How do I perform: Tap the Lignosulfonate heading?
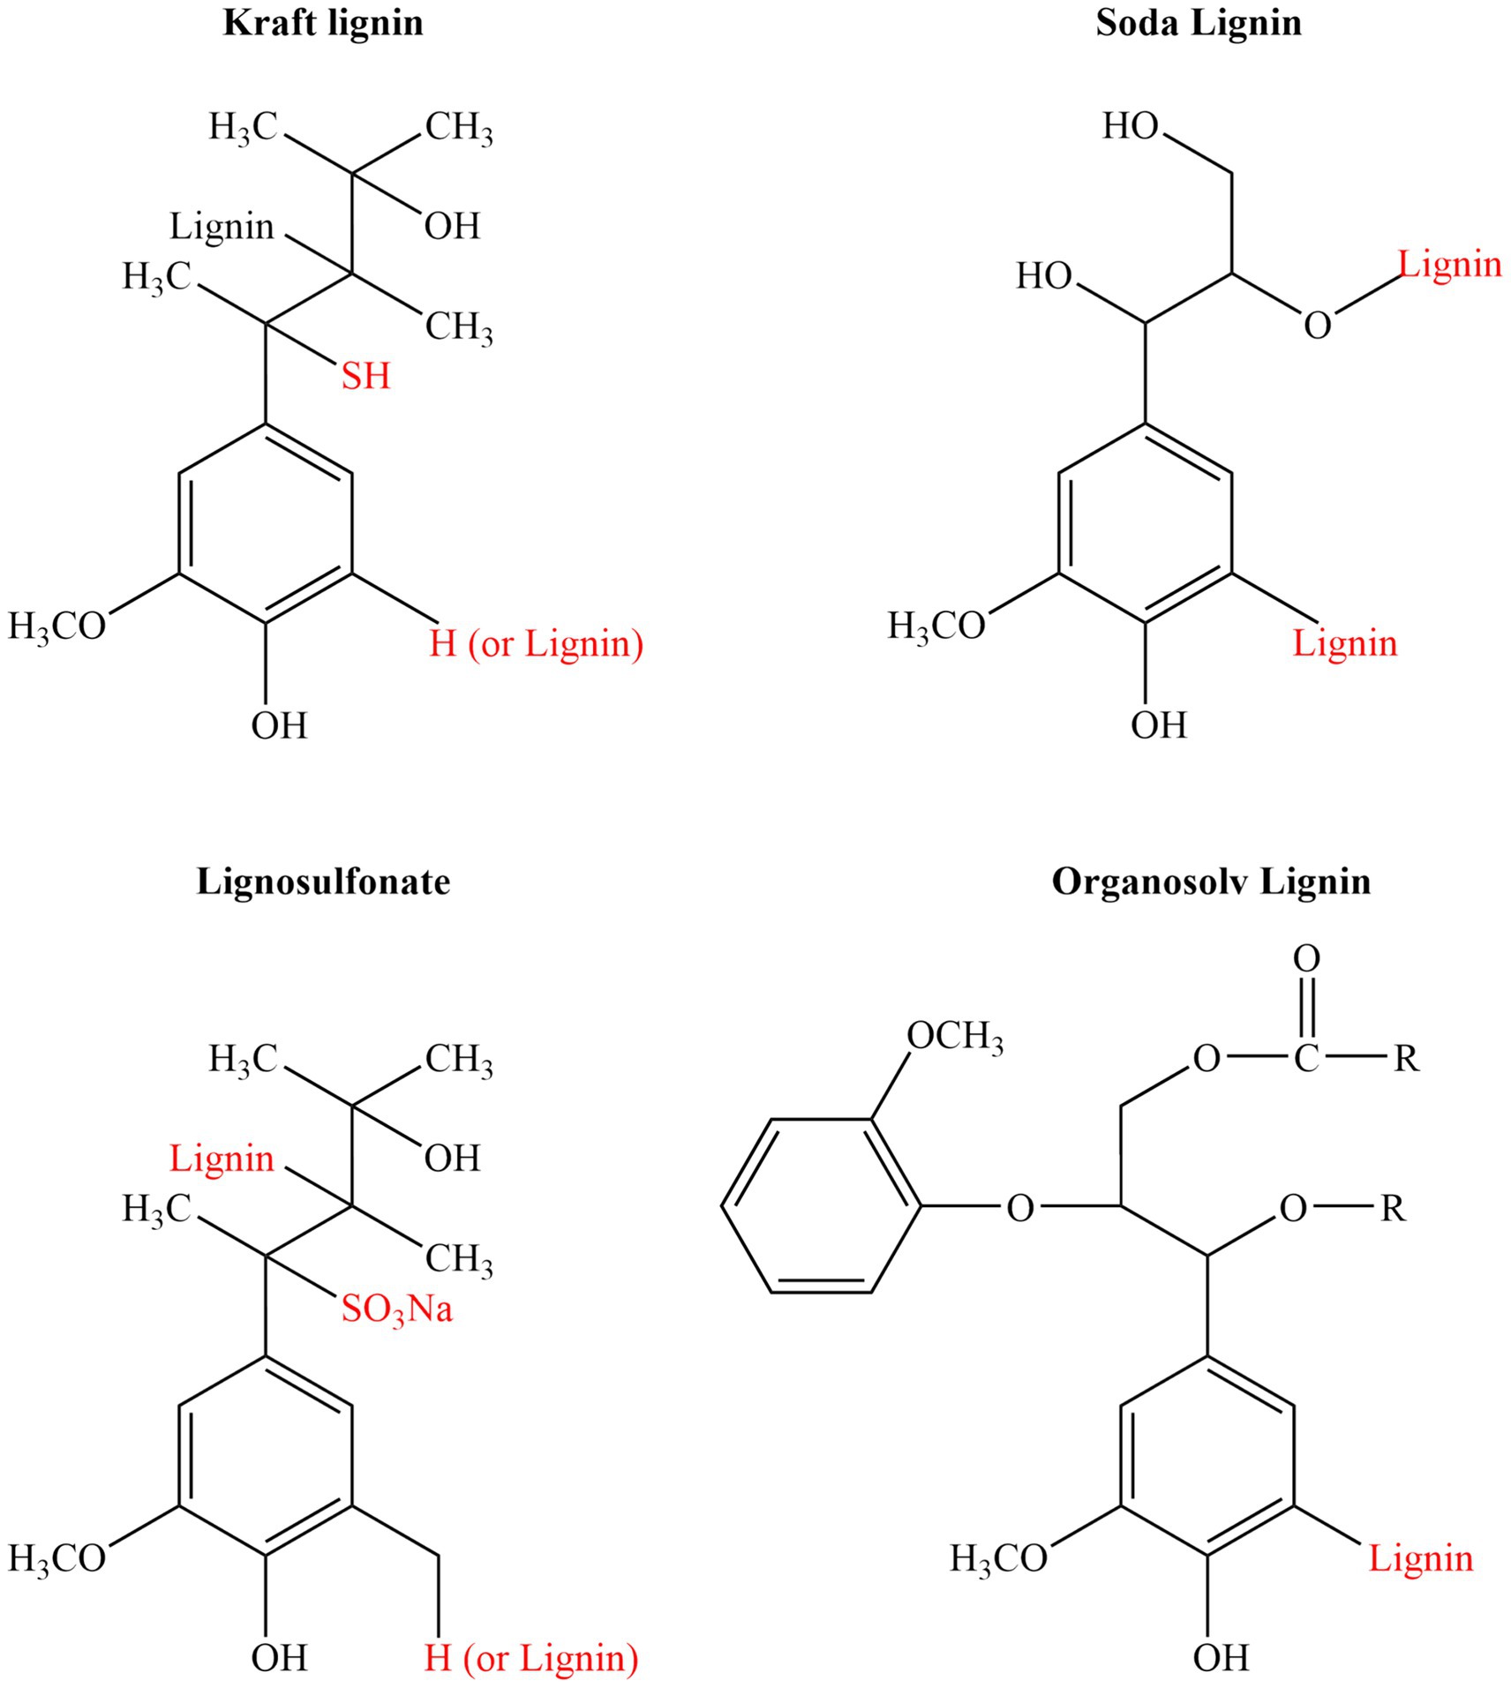[323, 882]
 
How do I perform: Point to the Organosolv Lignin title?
[1211, 882]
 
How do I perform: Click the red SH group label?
[366, 377]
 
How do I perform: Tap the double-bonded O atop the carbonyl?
[1306, 958]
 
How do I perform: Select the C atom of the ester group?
[1306, 1058]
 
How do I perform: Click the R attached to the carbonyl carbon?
[1407, 1058]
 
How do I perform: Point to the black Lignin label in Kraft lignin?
[222, 227]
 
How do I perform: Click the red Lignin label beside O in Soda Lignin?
[1450, 265]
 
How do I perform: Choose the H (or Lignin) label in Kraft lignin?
[537, 644]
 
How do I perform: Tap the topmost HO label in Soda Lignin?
[1130, 127]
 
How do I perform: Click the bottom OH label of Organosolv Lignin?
[1221, 1657]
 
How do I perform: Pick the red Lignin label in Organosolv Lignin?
[1421, 1559]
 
